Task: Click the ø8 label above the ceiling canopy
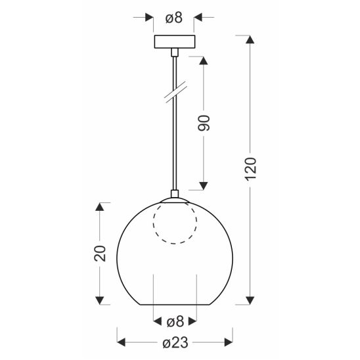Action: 174,18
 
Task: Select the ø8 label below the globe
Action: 175,322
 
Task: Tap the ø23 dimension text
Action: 175,342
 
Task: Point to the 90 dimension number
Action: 204,124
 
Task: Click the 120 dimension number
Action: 250,169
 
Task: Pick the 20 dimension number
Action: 100,254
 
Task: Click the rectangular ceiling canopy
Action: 175,41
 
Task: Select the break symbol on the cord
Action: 176,91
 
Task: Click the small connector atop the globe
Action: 175,194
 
